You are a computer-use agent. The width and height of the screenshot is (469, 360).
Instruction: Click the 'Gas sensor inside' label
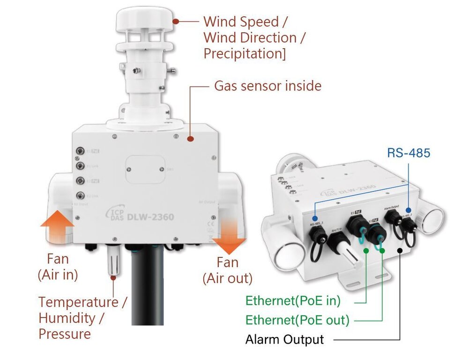point(268,86)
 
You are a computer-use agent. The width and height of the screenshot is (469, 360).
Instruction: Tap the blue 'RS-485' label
point(409,153)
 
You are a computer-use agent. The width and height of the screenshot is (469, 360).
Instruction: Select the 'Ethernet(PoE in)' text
point(293,300)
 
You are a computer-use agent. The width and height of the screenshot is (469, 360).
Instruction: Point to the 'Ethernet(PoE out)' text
point(298,320)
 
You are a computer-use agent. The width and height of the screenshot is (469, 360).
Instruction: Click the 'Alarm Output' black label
point(284,339)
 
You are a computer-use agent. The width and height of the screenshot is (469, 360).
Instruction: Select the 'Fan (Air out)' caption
point(227,270)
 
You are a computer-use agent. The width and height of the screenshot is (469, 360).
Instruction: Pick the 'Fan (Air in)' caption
point(58,267)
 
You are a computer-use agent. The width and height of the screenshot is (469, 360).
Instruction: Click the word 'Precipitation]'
point(244,53)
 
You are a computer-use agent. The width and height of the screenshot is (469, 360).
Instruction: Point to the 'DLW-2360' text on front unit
point(150,217)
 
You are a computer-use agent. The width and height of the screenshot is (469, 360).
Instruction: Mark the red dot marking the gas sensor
point(190,139)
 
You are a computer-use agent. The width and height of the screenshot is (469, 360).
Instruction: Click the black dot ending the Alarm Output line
point(400,250)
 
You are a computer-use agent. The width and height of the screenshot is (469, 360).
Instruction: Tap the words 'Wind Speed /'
point(246,22)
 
